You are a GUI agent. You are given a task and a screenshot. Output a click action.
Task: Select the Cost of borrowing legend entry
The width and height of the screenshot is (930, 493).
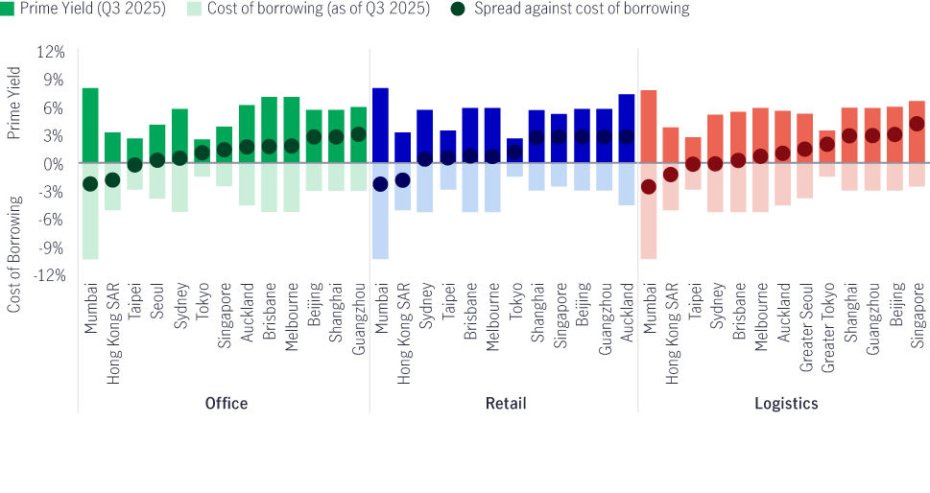click(x=308, y=9)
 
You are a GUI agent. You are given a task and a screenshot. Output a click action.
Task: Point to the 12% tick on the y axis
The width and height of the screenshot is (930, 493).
click(x=52, y=52)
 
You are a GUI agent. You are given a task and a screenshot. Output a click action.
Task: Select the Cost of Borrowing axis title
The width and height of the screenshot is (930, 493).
click(x=13, y=253)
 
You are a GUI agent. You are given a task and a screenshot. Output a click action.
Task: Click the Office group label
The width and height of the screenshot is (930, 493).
click(x=227, y=404)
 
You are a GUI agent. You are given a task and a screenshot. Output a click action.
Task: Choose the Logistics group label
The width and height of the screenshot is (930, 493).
click(x=785, y=404)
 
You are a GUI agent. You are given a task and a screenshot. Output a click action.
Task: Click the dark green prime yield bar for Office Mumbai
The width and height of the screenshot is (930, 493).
click(x=90, y=125)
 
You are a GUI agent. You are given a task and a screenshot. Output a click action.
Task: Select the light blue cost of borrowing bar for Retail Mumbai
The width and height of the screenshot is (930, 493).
click(x=380, y=211)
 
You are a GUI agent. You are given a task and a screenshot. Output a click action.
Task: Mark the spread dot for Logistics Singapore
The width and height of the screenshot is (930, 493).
click(x=917, y=124)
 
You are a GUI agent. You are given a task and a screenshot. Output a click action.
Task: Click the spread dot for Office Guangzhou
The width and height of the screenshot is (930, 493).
click(x=359, y=134)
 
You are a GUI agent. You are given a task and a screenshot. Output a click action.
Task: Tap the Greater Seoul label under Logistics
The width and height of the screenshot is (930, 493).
click(x=805, y=322)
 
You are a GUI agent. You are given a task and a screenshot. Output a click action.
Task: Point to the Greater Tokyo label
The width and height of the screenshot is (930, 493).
click(x=827, y=322)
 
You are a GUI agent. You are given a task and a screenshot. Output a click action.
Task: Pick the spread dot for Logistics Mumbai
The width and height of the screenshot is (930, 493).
click(x=649, y=187)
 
